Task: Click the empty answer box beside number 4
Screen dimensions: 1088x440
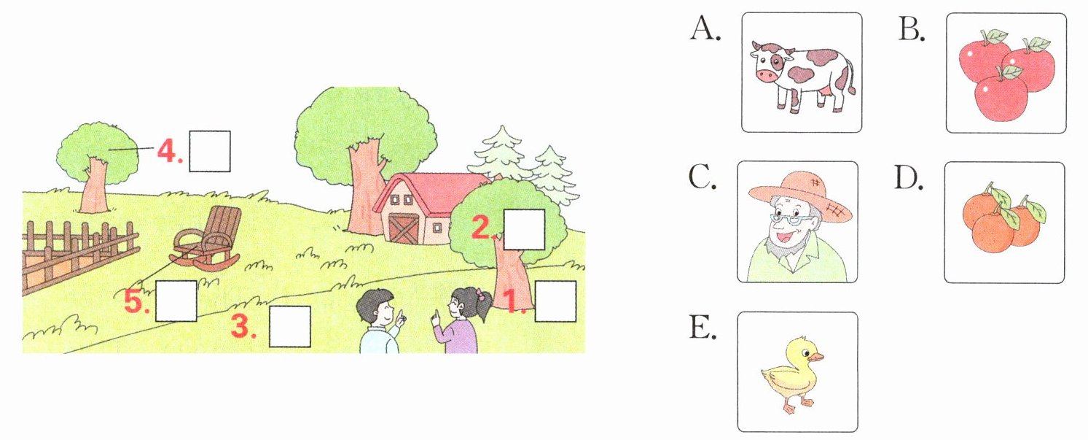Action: pyautogui.click(x=210, y=151)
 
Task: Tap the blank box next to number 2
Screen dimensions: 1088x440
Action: pyautogui.click(x=525, y=229)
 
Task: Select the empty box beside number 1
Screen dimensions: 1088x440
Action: pyautogui.click(x=555, y=301)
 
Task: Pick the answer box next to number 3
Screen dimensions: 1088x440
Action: pyautogui.click(x=290, y=326)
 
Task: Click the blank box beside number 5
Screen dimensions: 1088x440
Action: pyautogui.click(x=176, y=301)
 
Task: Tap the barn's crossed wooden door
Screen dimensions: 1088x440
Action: pyautogui.click(x=402, y=228)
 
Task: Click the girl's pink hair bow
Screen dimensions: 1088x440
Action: pyautogui.click(x=480, y=297)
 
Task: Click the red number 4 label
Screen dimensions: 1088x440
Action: pyautogui.click(x=167, y=152)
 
